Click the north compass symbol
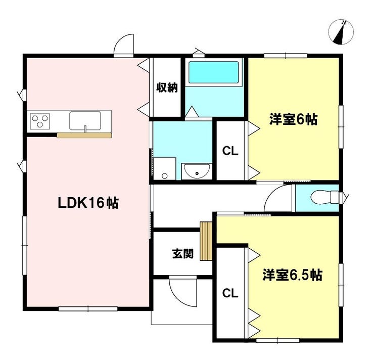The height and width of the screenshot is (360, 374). tap(341, 32)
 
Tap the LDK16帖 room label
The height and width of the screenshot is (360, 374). tap(88, 203)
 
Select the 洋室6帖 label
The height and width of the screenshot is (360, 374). tap(293, 119)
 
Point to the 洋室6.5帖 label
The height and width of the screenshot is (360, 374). tap(293, 275)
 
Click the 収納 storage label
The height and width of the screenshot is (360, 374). tap(167, 87)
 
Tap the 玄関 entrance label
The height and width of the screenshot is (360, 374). tap(183, 254)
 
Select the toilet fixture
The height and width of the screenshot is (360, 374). tap(325, 197)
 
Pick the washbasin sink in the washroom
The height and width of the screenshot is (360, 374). tap(197, 171)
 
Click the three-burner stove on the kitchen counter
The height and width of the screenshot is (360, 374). tap(40, 121)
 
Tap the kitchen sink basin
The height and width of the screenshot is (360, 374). tap(85, 120)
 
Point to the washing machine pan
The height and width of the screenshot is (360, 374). tap(165, 168)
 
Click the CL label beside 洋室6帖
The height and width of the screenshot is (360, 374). tap(230, 151)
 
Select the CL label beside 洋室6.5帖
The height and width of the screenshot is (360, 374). tap(230, 293)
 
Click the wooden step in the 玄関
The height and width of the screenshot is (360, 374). tap(206, 241)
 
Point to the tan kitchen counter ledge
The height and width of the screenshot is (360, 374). tap(84, 136)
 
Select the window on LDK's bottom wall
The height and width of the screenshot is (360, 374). tap(88, 309)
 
